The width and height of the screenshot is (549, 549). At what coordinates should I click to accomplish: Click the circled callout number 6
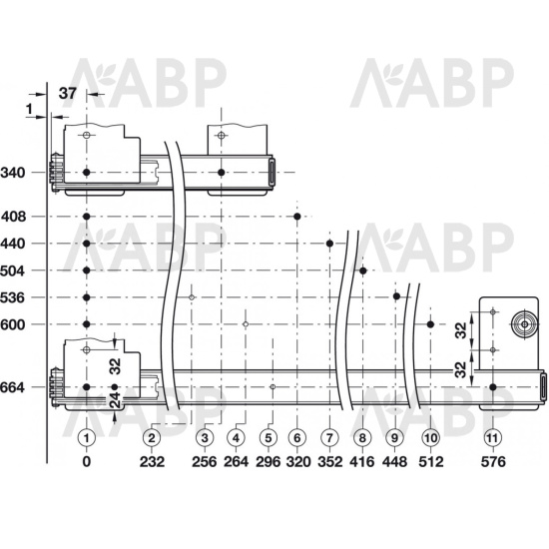(x=297, y=437)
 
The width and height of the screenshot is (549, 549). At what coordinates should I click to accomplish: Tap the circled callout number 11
(x=493, y=437)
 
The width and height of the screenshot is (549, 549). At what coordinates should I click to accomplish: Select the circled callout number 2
(x=152, y=437)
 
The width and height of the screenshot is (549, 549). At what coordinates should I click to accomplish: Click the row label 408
(x=14, y=217)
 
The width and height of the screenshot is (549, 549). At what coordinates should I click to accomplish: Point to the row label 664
(x=13, y=387)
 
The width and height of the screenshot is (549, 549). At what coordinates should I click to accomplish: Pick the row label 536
(x=13, y=298)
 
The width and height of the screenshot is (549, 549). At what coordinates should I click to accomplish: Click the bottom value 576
(x=493, y=462)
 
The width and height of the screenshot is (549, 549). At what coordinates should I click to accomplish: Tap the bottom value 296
(x=269, y=462)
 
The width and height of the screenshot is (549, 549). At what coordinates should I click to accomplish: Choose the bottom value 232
(x=152, y=462)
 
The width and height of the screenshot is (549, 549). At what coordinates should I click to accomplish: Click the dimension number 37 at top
(x=67, y=94)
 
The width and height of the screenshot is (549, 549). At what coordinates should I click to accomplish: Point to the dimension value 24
(x=115, y=399)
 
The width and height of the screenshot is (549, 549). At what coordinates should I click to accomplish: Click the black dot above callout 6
(x=297, y=217)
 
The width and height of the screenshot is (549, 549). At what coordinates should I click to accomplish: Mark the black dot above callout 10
(x=430, y=324)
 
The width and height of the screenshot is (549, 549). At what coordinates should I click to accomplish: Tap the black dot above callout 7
(x=329, y=244)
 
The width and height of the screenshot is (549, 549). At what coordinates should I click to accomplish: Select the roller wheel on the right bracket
(x=524, y=324)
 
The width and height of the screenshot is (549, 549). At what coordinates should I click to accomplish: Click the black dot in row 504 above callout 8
(x=363, y=271)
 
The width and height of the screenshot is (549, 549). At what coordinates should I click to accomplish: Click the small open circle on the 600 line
(x=246, y=324)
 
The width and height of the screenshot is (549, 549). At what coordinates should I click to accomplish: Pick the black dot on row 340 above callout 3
(x=221, y=173)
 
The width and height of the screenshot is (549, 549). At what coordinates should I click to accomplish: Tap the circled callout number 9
(x=394, y=437)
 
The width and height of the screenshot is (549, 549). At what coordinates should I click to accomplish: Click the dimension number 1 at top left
(x=29, y=109)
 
